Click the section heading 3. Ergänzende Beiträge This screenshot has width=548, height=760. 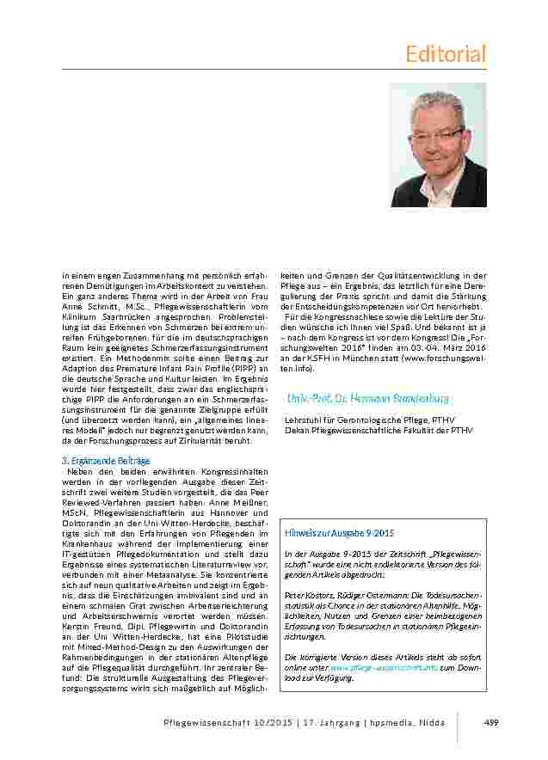point(97,462)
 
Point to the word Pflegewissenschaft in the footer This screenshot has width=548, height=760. point(191,722)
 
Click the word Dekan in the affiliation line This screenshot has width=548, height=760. point(296,429)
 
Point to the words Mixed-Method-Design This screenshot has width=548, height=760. point(103,637)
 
